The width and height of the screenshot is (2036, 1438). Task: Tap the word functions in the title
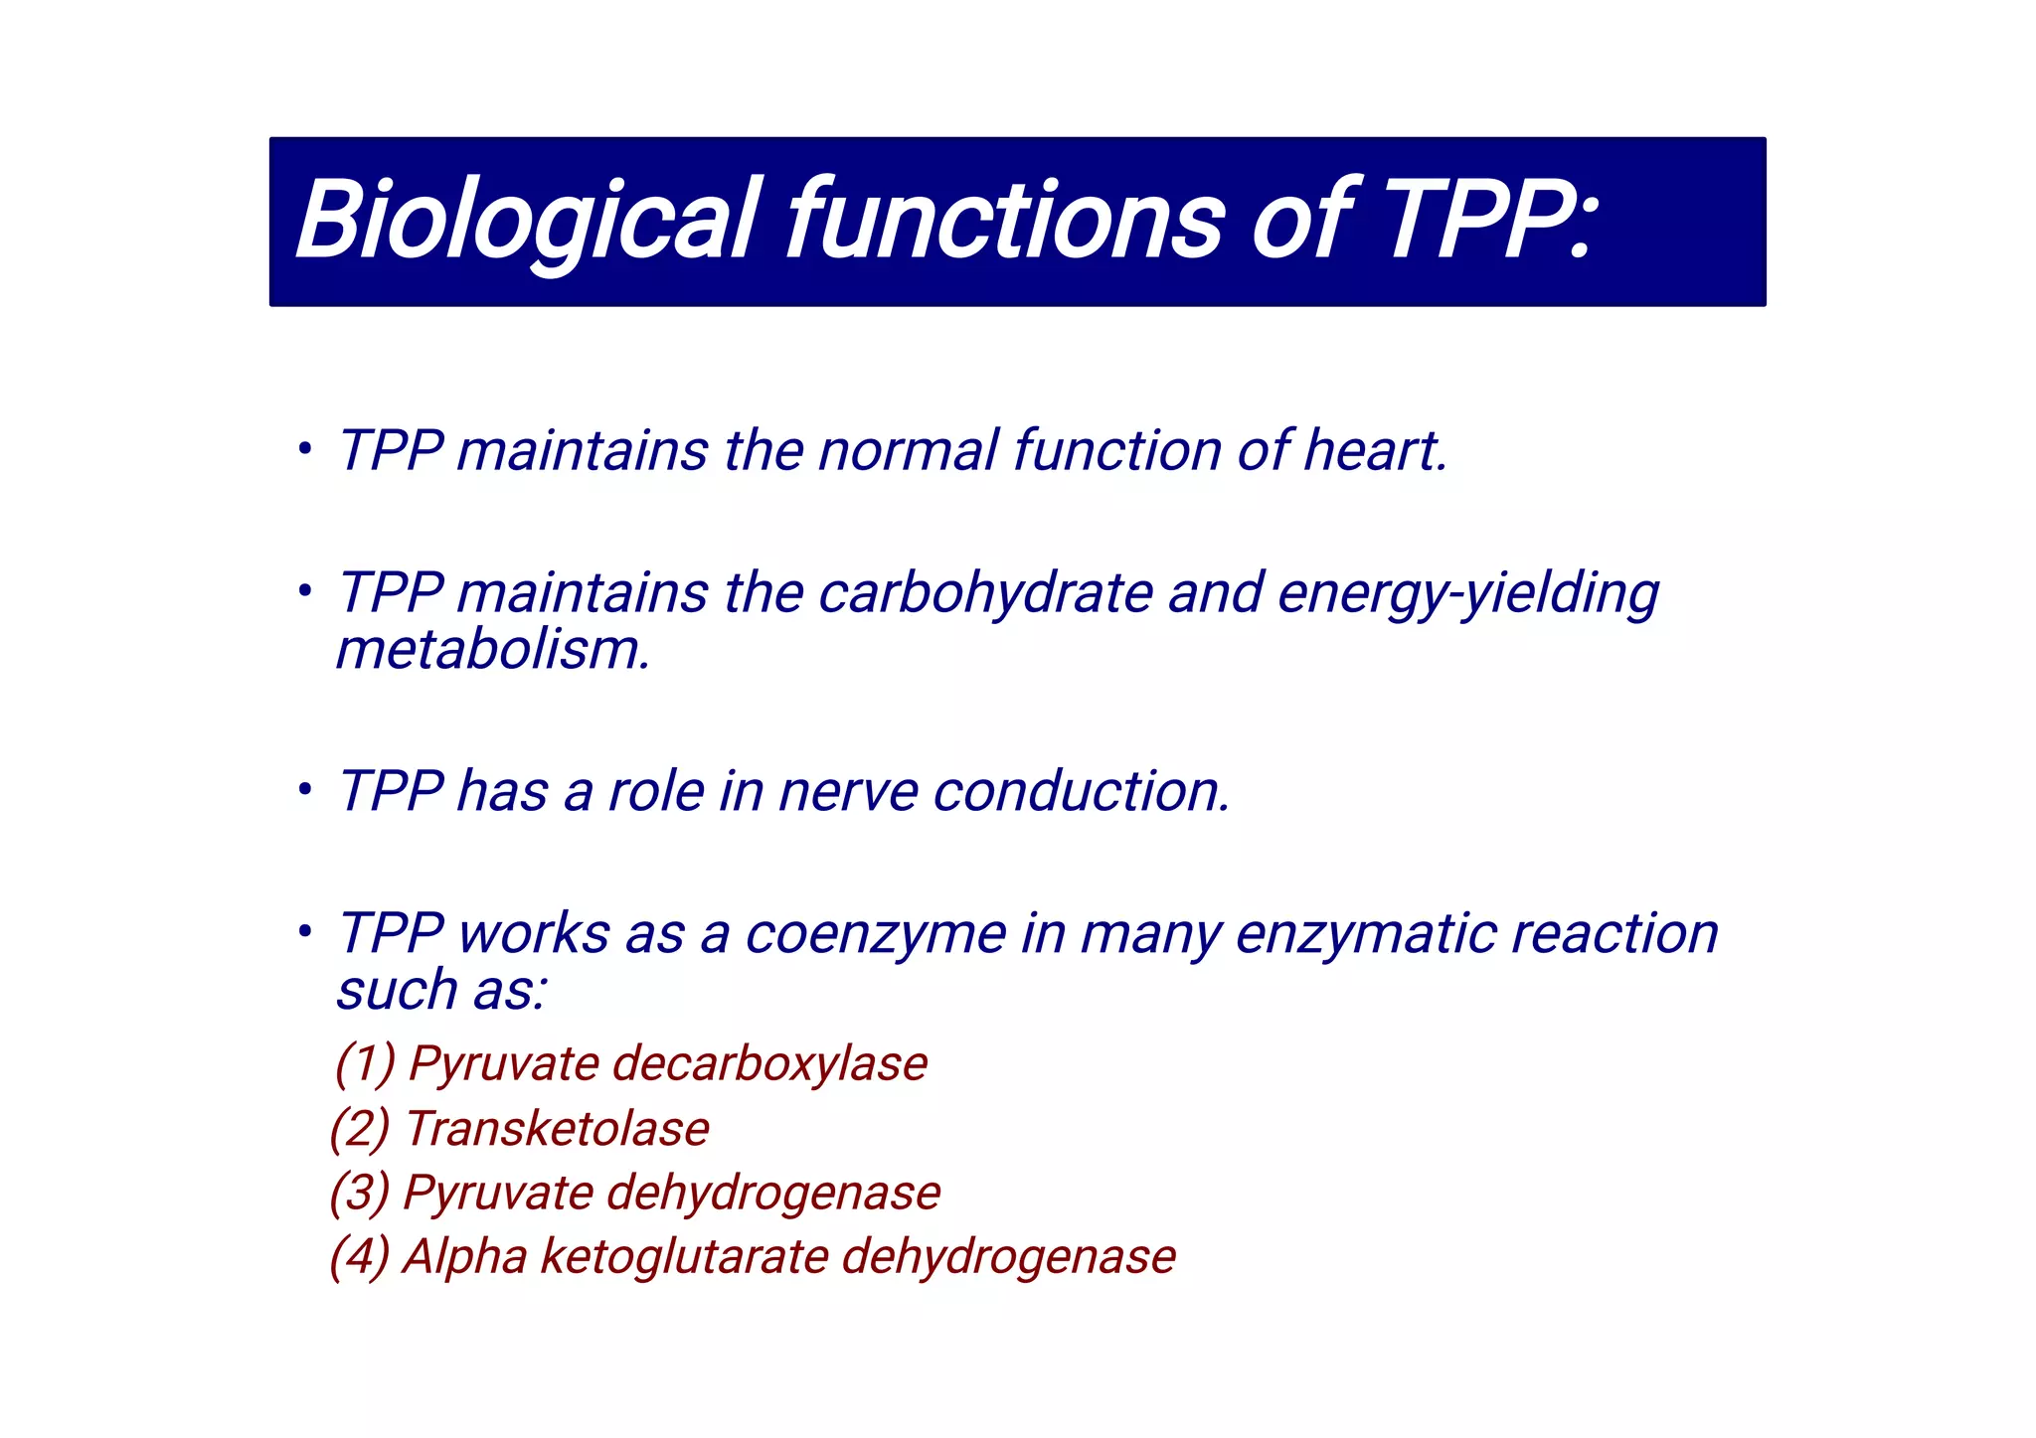point(1005,221)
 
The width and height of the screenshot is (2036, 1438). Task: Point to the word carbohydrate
point(985,593)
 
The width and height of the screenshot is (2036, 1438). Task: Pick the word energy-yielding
point(1467,593)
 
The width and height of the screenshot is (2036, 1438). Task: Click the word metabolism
point(493,650)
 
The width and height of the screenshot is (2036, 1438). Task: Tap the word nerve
point(848,792)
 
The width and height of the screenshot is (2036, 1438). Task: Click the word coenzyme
point(876,935)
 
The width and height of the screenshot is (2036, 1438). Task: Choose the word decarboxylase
point(769,1063)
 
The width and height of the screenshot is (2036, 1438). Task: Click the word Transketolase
point(558,1129)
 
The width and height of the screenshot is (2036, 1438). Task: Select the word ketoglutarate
point(683,1256)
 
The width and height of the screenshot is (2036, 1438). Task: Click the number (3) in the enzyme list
point(359,1193)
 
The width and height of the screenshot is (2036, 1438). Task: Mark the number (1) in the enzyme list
point(365,1063)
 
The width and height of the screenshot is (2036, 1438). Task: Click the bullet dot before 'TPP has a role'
point(305,791)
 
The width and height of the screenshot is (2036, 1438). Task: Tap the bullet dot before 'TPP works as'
point(305,932)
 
